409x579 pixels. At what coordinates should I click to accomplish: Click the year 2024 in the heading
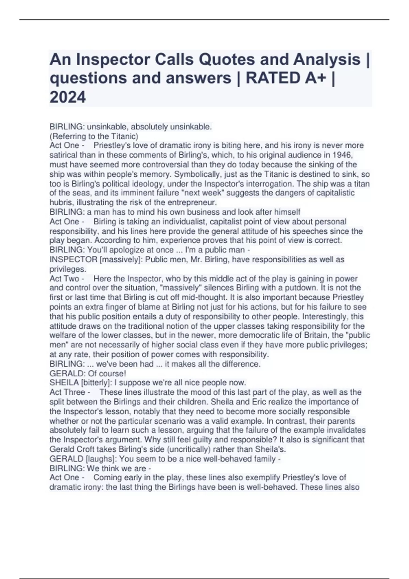pyautogui.click(x=68, y=97)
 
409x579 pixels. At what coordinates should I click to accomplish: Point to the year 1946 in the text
pyautogui.click(x=342, y=155)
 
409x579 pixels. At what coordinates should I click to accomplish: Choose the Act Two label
pyautogui.click(x=64, y=279)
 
